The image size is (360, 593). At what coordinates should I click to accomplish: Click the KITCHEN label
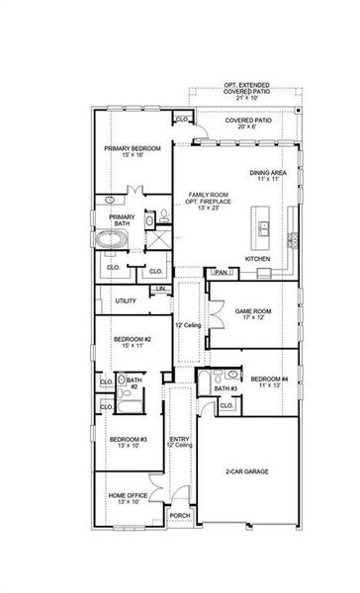pyautogui.click(x=258, y=259)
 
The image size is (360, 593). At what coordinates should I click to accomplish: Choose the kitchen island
pyautogui.click(x=264, y=226)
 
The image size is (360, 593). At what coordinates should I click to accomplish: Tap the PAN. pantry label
pyautogui.click(x=222, y=272)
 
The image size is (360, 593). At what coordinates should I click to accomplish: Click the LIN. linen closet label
pyautogui.click(x=161, y=289)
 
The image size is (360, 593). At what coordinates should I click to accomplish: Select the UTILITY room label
pyautogui.click(x=126, y=300)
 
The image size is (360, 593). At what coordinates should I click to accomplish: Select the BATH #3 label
pyautogui.click(x=225, y=389)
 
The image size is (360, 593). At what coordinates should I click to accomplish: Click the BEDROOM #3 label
pyautogui.click(x=128, y=442)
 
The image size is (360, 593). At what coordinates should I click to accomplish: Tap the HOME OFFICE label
pyautogui.click(x=126, y=499)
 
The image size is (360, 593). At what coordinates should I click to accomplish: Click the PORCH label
pyautogui.click(x=180, y=515)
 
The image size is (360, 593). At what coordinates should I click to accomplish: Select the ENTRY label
pyautogui.click(x=180, y=442)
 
